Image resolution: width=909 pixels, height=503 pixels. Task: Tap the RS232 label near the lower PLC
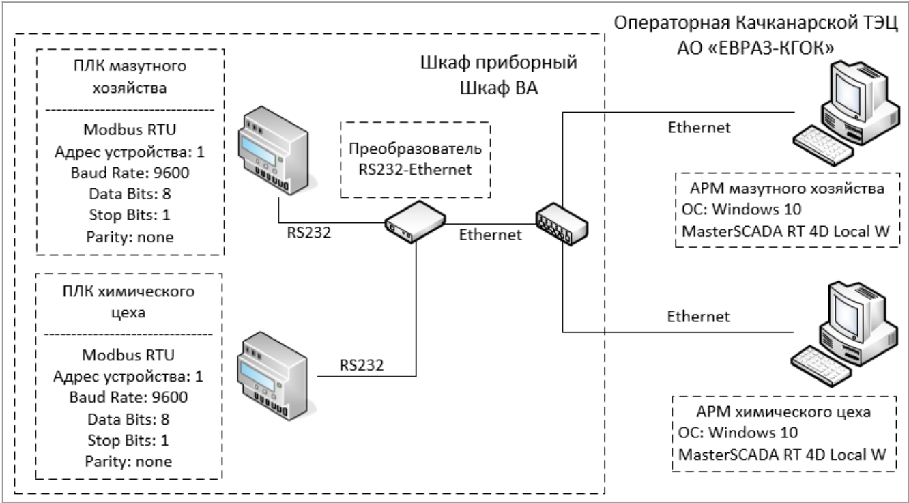pos(362,364)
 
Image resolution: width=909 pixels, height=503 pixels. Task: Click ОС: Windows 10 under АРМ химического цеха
pos(737,433)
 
